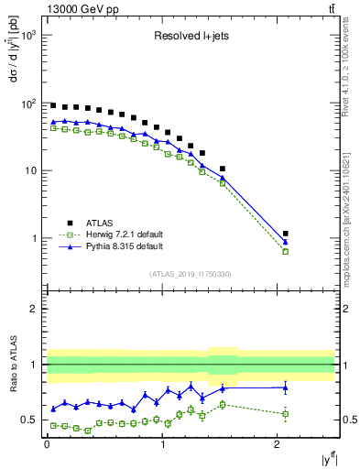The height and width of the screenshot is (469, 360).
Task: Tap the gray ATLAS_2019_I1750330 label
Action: click(191, 274)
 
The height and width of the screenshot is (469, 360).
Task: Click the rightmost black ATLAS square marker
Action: click(286, 234)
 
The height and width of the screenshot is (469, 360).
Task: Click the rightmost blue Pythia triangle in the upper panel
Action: click(286, 242)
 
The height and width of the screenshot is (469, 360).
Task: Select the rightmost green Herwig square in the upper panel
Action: click(286, 251)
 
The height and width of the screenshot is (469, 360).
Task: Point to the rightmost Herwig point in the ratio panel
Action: click(286, 414)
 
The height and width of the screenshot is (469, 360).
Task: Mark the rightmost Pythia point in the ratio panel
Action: click(286, 387)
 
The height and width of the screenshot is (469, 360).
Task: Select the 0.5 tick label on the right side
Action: click(346, 420)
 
